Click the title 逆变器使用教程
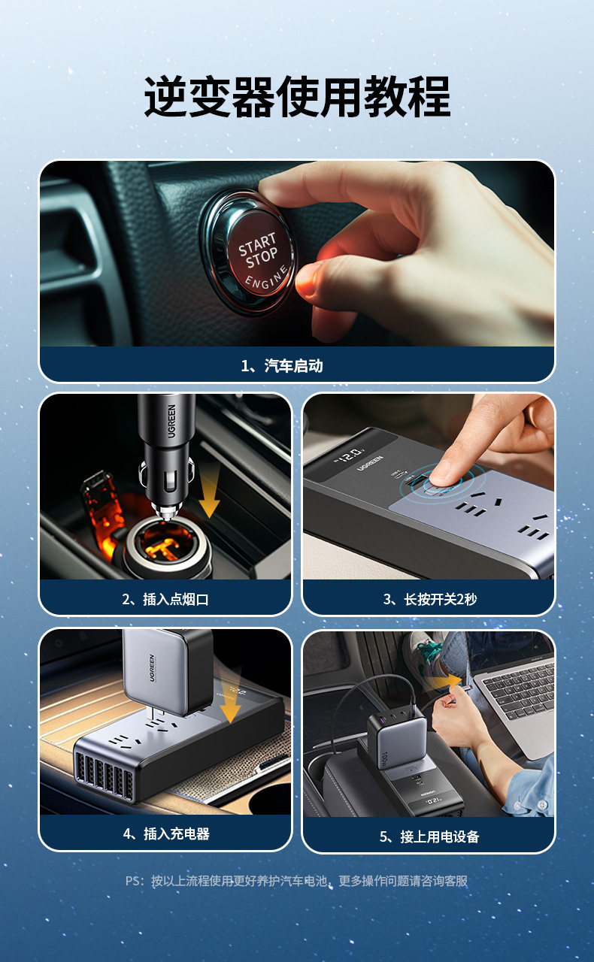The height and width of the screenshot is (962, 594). pos(297,97)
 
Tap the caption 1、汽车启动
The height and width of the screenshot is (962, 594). pos(282,365)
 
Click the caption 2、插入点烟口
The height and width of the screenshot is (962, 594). pos(165,599)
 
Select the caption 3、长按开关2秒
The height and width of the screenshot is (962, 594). pos(430,599)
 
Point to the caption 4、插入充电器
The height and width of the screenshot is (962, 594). pos(166,833)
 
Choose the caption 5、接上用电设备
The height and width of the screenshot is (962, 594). pos(429,836)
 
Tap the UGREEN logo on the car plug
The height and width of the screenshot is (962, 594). pos(171,421)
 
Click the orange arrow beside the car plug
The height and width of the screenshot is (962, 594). pos(210,492)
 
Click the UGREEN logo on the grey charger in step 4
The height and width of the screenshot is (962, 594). pos(152,668)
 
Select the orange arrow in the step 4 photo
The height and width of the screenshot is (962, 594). pos(230,699)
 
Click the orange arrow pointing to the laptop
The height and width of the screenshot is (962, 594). pos(445,682)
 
